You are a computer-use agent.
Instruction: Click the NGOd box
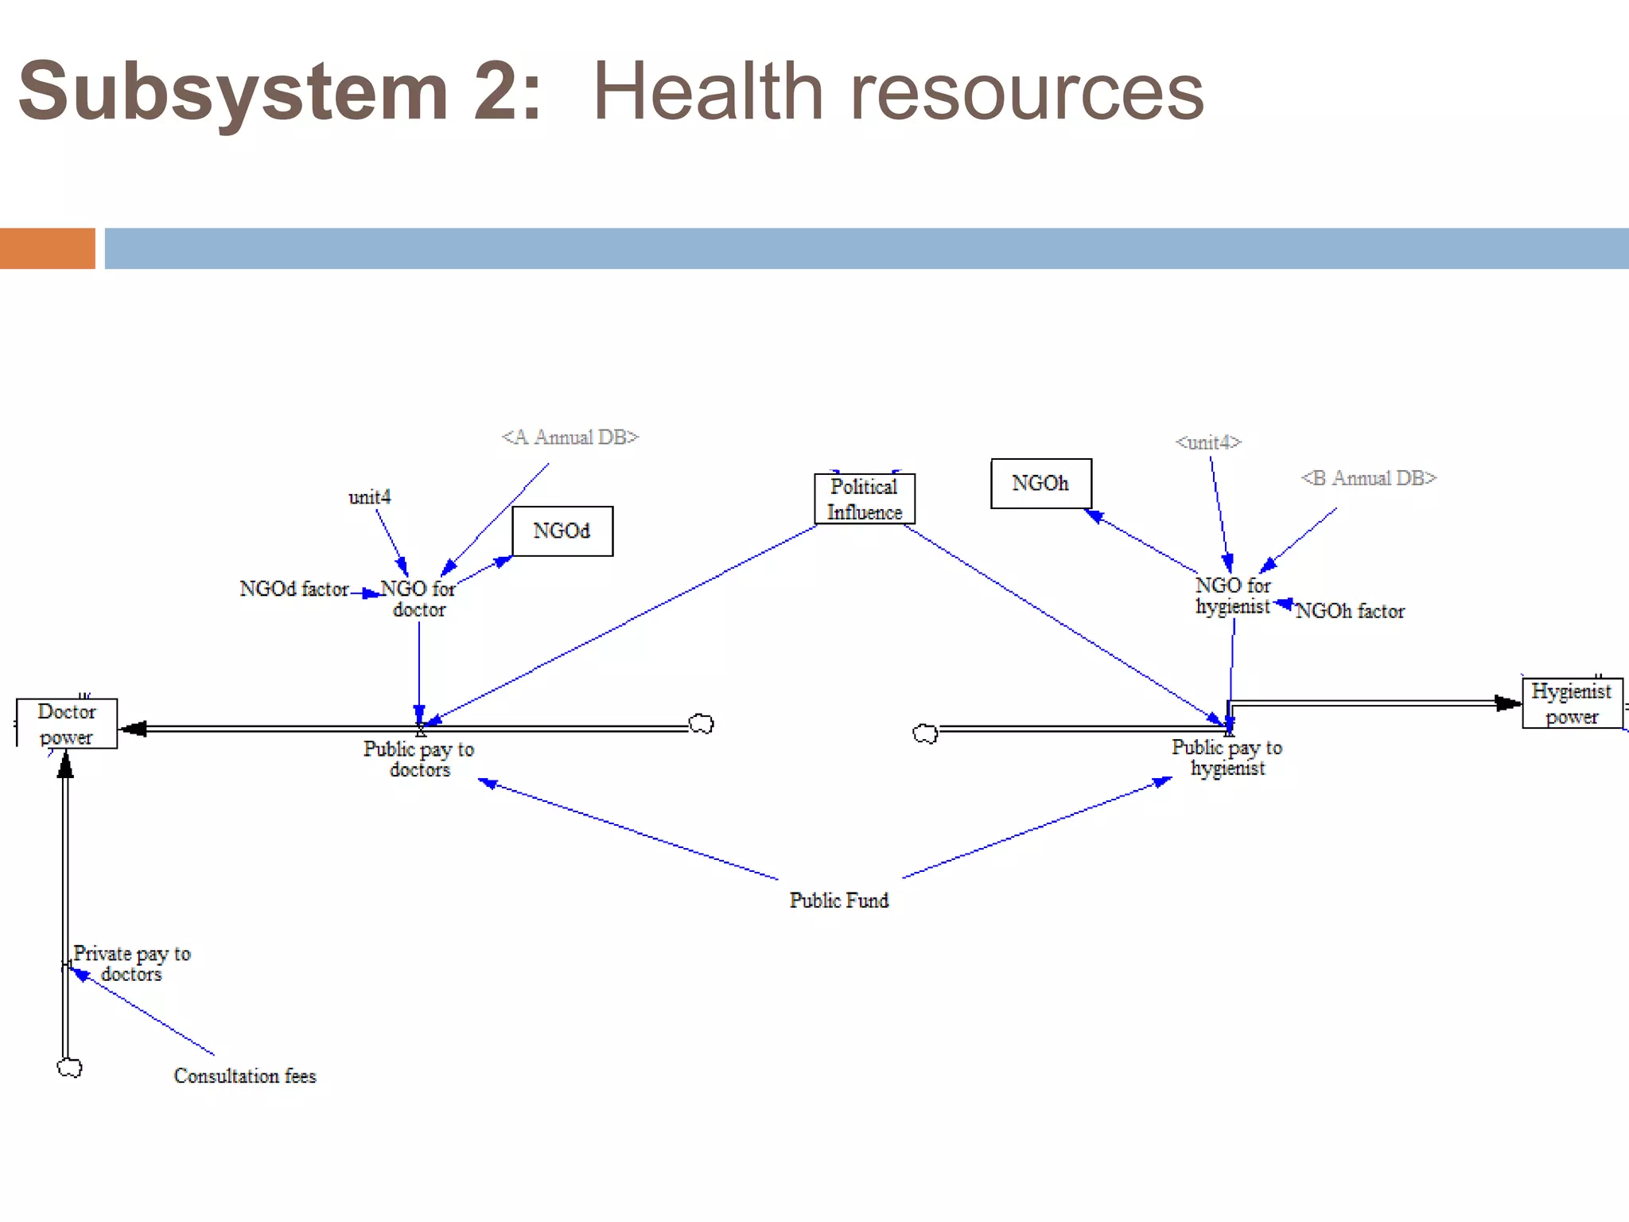tap(562, 531)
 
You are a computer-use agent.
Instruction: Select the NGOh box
tap(1040, 483)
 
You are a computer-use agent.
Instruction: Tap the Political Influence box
tap(865, 499)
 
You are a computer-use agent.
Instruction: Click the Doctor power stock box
tap(67, 723)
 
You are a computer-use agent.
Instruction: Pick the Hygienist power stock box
tap(1572, 703)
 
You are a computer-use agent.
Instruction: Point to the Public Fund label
tap(839, 900)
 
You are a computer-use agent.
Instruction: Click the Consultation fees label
tap(245, 1076)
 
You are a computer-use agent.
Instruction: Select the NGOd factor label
tap(294, 589)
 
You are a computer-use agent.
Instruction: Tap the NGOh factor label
tap(1350, 611)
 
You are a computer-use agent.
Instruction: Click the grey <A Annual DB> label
tap(570, 437)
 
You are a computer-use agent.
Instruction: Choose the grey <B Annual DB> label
tap(1368, 477)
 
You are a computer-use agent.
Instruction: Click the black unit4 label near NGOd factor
tap(370, 497)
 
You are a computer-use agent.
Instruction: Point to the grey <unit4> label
tap(1208, 442)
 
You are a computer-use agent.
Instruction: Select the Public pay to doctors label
tap(419, 759)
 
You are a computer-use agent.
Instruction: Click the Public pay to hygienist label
tap(1227, 757)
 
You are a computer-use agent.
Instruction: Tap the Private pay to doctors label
tap(132, 963)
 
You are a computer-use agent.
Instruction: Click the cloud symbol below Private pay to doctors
tap(70, 1068)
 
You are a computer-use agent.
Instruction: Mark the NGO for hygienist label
tap(1233, 595)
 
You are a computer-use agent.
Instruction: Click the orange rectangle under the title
tap(48, 248)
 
